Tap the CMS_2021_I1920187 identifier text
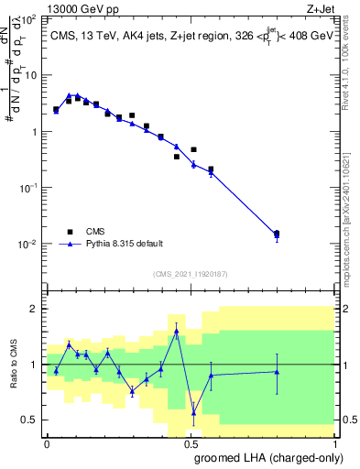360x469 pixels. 190,274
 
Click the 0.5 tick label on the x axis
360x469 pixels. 191,442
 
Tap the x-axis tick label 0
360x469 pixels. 47,442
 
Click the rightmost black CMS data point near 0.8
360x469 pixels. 277,234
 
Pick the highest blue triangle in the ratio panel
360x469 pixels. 176,331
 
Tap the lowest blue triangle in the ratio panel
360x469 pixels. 193,412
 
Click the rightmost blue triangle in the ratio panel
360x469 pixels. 277,371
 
